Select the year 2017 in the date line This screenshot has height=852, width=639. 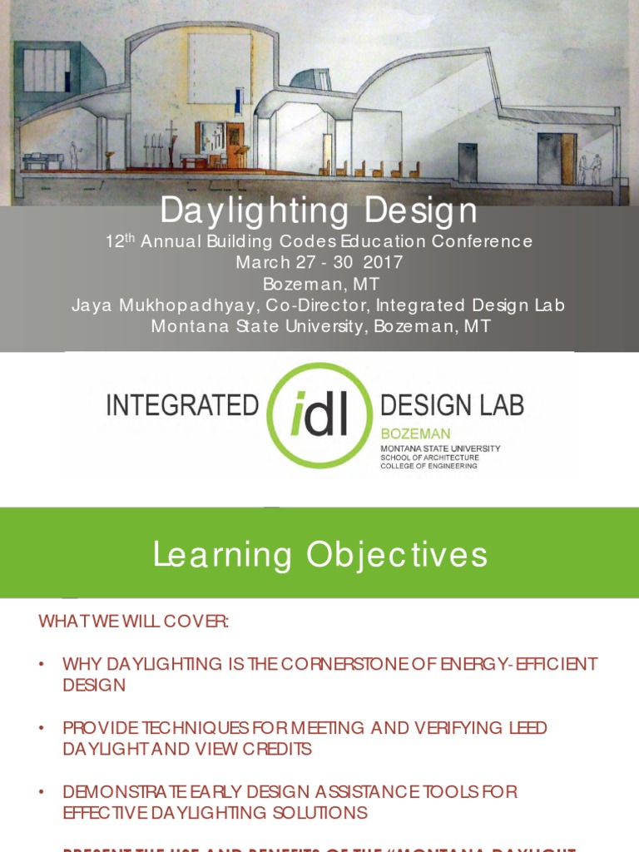[384, 262]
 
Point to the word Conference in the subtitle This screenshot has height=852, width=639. [482, 241]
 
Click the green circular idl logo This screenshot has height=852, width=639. [319, 414]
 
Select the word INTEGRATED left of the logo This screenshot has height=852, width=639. [182, 405]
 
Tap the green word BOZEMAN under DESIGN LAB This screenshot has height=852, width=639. [415, 433]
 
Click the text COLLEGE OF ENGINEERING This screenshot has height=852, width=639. [428, 466]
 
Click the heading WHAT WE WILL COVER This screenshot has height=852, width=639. [133, 622]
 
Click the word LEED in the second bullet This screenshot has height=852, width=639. [528, 728]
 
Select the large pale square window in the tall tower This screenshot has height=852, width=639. [220, 68]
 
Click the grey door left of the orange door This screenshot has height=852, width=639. [549, 159]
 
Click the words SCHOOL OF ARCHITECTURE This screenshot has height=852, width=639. [429, 457]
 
